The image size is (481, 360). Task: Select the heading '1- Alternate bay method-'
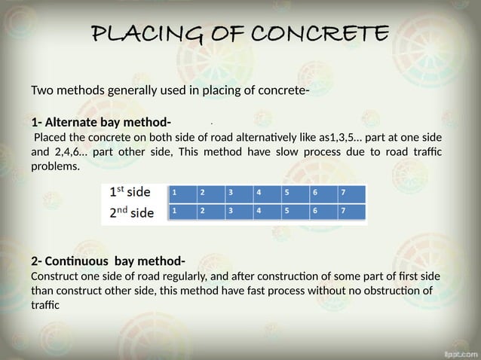point(101,123)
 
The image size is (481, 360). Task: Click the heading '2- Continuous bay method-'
point(108,261)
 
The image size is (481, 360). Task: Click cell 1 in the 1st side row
point(182,192)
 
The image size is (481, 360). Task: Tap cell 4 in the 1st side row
point(265,192)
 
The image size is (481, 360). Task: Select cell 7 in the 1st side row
point(351,192)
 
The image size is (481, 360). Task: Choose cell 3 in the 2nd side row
point(237,212)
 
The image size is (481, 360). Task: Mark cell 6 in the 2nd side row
point(323,212)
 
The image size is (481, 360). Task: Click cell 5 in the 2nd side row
point(294,212)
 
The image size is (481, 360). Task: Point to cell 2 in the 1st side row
point(210,192)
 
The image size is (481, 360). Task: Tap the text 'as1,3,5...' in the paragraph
point(343,138)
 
